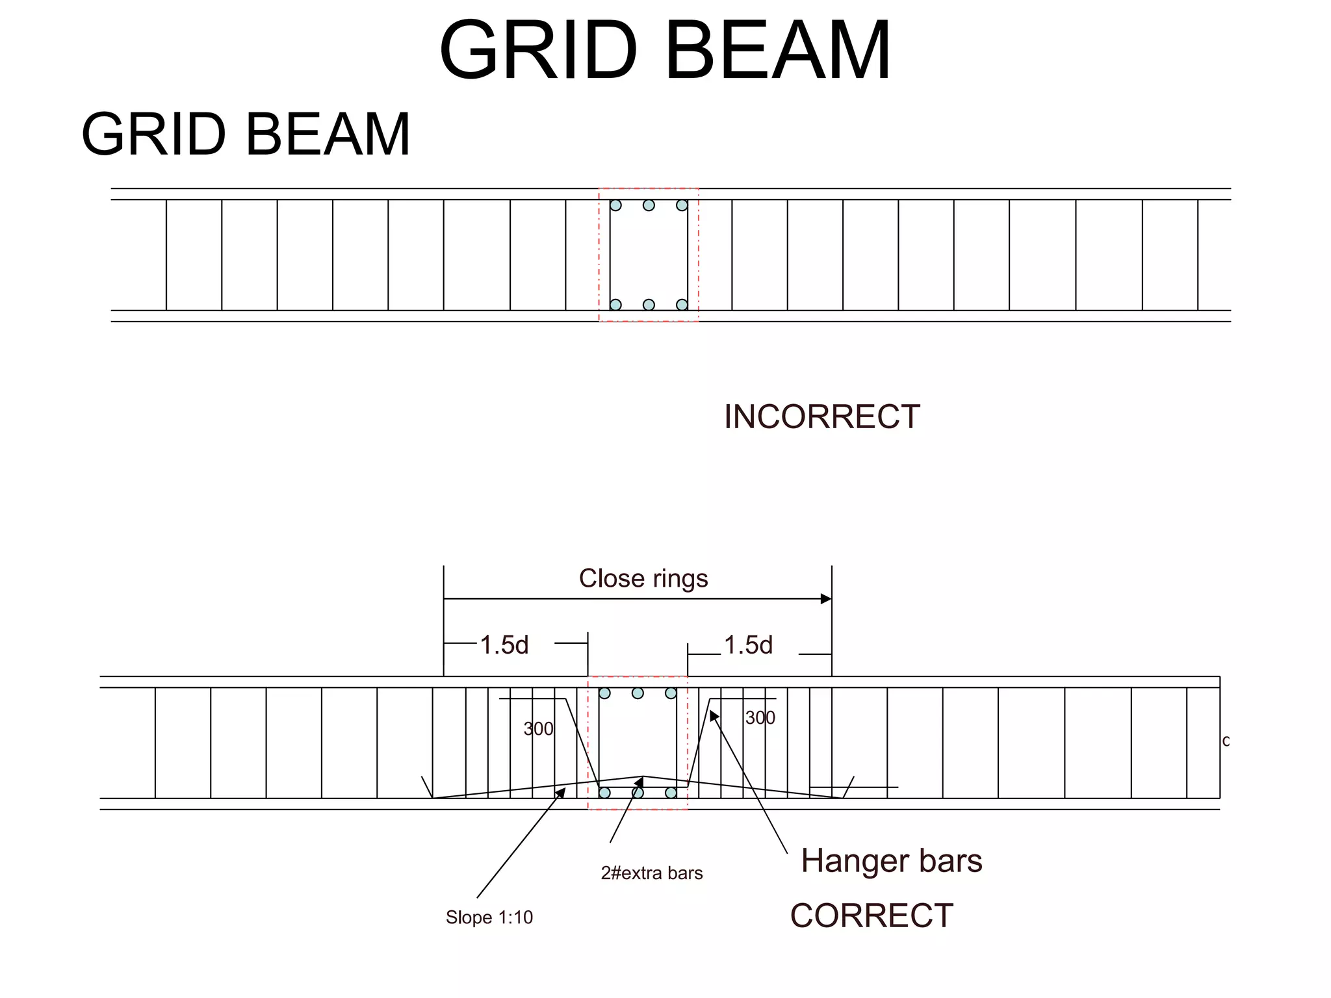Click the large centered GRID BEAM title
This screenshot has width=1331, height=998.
click(664, 51)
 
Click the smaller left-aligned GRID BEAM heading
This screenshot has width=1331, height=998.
click(246, 134)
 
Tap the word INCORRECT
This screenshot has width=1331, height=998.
click(821, 416)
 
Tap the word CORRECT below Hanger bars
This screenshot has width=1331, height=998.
click(872, 915)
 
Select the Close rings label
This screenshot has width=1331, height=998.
click(643, 578)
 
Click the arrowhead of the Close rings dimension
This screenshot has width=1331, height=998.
click(826, 598)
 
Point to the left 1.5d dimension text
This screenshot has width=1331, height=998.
click(504, 645)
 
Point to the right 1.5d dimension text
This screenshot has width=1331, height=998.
click(748, 645)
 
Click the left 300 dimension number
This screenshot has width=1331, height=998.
click(538, 729)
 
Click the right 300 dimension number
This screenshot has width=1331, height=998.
click(760, 718)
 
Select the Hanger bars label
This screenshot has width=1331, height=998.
click(891, 860)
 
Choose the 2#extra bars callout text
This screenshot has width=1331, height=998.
click(652, 873)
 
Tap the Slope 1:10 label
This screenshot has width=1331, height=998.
click(489, 917)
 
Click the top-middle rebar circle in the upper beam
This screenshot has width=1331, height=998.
click(649, 205)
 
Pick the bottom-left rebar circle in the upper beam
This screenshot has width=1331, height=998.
click(615, 305)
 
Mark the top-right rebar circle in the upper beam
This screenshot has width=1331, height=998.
click(682, 205)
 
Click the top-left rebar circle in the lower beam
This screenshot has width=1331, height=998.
click(604, 693)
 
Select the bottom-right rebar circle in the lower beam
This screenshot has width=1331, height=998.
click(671, 793)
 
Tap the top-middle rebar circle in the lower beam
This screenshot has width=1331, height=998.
click(638, 693)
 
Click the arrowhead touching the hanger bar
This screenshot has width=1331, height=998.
click(713, 715)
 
